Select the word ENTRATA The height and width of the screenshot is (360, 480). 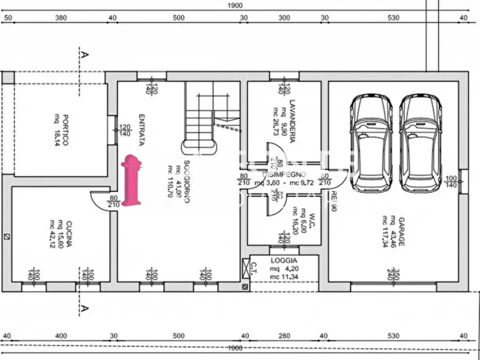pos(142,129)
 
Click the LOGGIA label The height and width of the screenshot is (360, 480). pos(283,260)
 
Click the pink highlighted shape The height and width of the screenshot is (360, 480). pos(131,180)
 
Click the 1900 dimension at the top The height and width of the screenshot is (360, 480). pos(235,5)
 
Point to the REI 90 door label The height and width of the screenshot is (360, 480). pos(333,200)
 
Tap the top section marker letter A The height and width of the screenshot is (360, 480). pos(84,54)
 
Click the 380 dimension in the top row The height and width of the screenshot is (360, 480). pos(61,18)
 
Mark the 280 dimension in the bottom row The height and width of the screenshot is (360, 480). pos(284,336)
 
